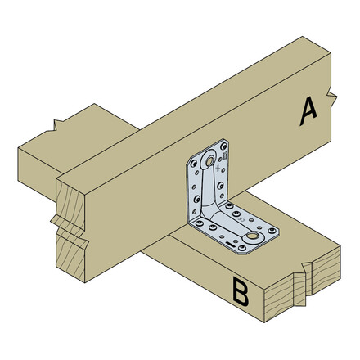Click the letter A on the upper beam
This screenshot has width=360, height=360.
pyautogui.click(x=308, y=110)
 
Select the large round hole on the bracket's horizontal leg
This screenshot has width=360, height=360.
pyautogui.click(x=251, y=238)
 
